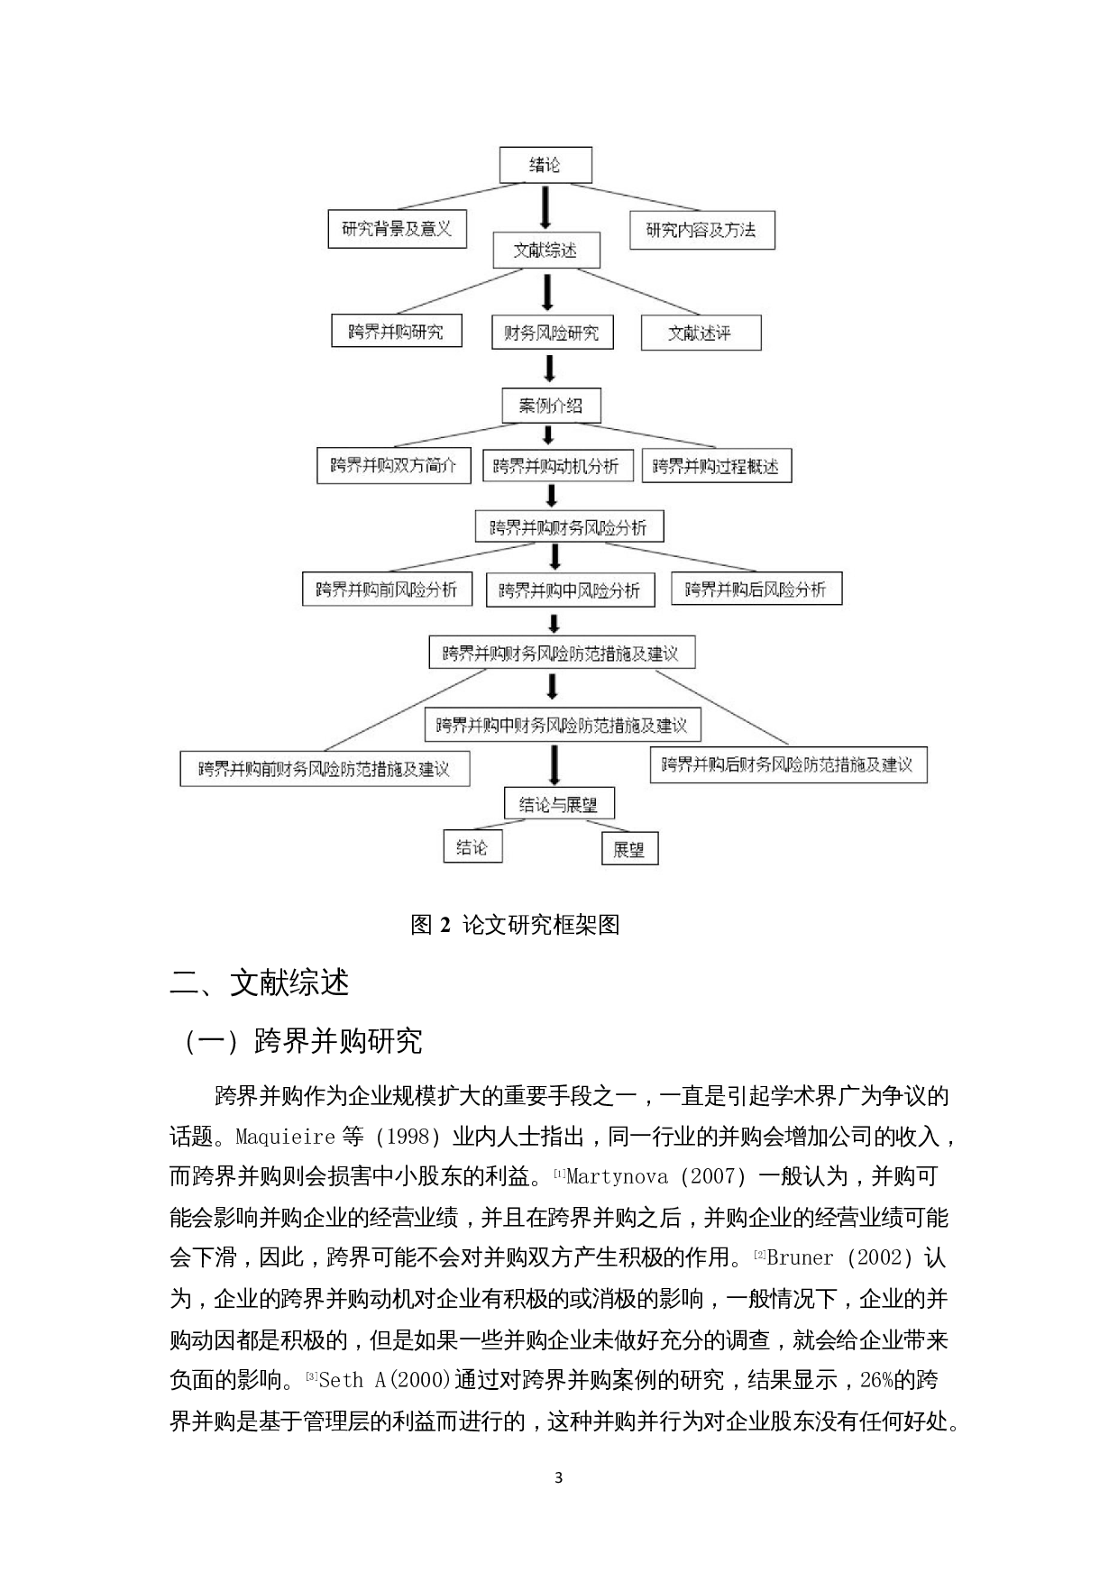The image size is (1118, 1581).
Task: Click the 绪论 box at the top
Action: [545, 165]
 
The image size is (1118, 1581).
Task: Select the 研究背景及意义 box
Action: [397, 229]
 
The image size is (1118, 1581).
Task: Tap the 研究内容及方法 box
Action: [701, 230]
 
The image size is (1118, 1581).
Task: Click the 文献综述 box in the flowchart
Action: [545, 250]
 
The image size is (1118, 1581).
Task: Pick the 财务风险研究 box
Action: [551, 333]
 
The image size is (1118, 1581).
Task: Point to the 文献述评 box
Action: [701, 333]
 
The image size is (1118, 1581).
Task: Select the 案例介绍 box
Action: [551, 405]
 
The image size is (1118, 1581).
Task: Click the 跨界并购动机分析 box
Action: [556, 466]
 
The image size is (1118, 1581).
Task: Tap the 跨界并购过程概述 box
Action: [716, 466]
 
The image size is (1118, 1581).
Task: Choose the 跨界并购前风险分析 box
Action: [386, 589]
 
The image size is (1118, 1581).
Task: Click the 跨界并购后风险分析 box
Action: [756, 589]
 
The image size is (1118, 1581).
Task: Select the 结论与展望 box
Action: [558, 804]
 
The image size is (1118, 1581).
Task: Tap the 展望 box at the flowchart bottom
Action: [629, 848]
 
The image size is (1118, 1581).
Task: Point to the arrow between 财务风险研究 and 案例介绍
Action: [549, 369]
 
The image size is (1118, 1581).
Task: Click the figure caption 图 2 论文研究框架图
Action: [515, 925]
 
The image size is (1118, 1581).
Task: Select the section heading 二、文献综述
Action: [260, 983]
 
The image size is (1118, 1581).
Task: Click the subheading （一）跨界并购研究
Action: [303, 1042]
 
